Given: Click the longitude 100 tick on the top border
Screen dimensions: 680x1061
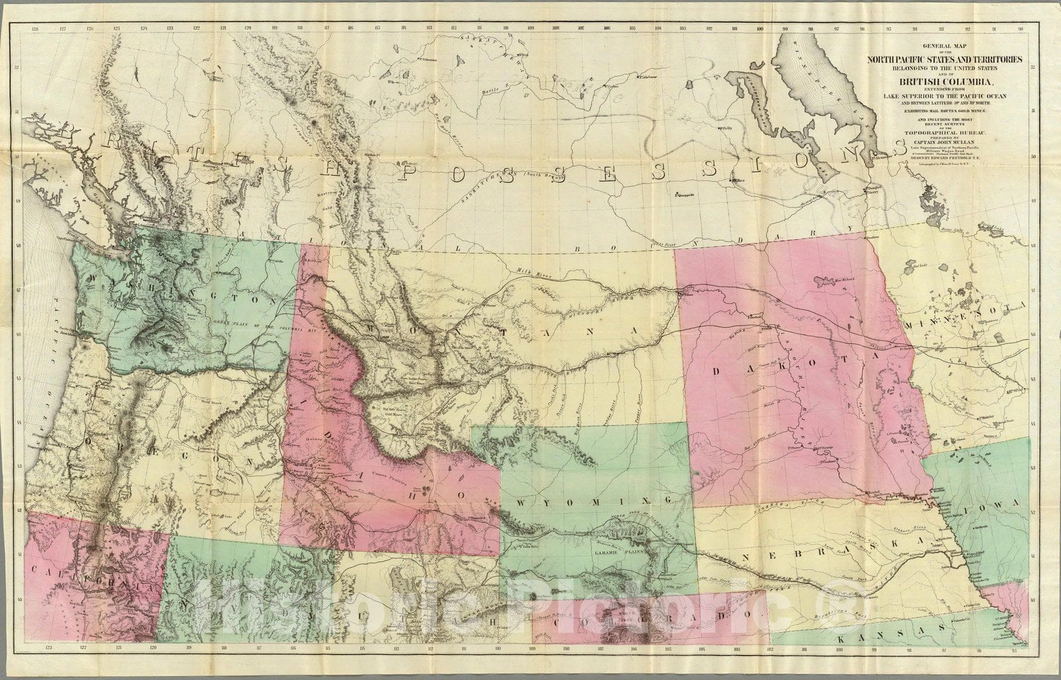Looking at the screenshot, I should [x=760, y=29].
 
